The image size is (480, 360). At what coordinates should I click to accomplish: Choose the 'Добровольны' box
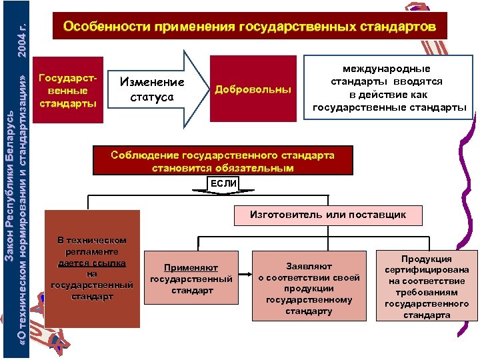pos(253,89)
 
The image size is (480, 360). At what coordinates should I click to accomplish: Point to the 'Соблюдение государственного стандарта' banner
pos(223,161)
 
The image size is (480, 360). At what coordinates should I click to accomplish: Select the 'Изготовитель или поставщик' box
pos(327,215)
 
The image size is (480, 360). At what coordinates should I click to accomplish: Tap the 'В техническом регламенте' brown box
pos(92,268)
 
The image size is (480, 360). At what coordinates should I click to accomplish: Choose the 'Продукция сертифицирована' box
pos(427,286)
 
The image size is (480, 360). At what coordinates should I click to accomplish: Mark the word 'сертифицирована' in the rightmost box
pos(427,270)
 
